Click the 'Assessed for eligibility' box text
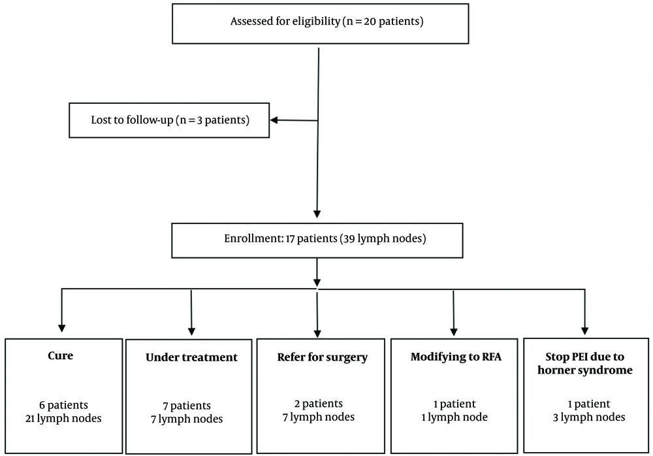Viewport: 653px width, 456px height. (327, 22)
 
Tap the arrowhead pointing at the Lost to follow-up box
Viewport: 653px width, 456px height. (274, 120)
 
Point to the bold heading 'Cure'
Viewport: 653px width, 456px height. (60, 355)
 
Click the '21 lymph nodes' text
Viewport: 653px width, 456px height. (63, 419)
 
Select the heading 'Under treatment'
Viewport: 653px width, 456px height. (191, 357)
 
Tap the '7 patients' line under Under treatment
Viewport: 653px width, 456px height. (187, 406)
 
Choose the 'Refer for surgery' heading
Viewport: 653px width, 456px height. (323, 357)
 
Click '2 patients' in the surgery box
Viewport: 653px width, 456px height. (319, 404)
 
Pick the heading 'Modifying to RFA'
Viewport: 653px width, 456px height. (456, 357)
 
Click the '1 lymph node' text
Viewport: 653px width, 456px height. (454, 417)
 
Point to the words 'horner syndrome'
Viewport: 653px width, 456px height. (584, 370)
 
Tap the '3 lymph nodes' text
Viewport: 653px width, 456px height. (589, 417)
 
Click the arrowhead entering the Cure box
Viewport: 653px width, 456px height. (61, 328)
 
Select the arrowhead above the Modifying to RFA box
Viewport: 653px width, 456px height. (454, 332)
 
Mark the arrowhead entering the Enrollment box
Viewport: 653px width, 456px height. (317, 214)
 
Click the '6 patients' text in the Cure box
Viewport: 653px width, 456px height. (64, 405)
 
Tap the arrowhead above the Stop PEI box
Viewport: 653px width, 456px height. (584, 331)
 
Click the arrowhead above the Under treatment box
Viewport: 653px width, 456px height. (191, 331)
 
